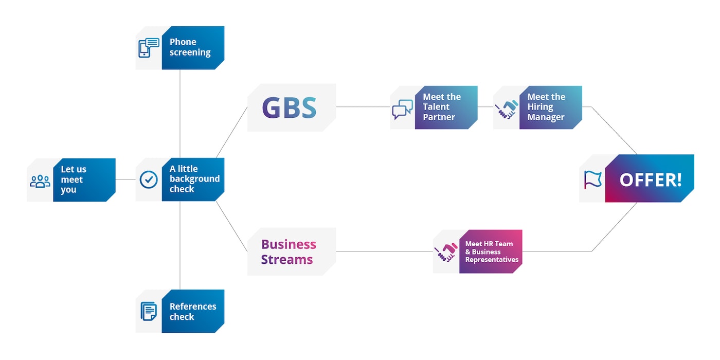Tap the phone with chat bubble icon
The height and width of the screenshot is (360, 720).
[149, 48]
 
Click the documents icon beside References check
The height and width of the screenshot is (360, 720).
[149, 311]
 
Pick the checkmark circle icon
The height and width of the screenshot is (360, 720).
[149, 179]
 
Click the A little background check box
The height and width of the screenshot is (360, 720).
[193, 179]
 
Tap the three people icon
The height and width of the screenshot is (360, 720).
[40, 181]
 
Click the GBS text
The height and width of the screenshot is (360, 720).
[289, 107]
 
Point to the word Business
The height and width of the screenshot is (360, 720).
[289, 244]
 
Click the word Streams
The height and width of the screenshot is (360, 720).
[286, 260]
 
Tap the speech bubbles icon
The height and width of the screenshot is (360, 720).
[402, 109]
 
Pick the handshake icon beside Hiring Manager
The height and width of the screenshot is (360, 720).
[506, 109]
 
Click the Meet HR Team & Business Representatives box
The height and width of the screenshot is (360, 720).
[491, 251]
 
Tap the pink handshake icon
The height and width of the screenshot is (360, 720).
[446, 252]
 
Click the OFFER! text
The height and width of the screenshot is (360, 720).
[650, 179]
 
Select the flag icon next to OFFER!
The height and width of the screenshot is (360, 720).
[592, 179]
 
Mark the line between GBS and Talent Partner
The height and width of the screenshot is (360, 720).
[363, 107]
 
